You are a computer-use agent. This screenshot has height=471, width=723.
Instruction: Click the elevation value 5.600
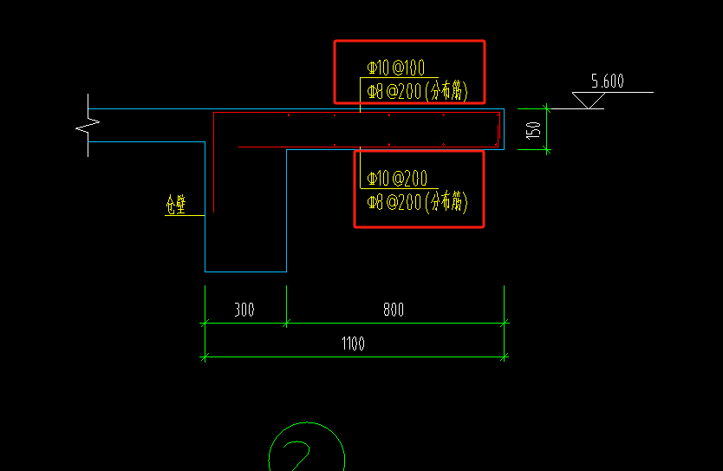pos(607,82)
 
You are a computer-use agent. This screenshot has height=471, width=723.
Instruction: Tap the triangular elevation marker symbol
pos(589,100)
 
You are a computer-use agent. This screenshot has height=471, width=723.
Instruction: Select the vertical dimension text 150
pos(533,130)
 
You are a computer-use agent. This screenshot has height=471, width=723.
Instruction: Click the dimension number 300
pos(244,310)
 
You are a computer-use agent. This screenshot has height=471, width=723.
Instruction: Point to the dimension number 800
pos(394,310)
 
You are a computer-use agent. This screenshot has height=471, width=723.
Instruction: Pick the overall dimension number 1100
pos(353,343)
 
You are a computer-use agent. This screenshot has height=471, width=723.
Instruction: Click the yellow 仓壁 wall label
pos(176,205)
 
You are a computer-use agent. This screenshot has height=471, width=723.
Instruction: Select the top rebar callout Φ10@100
pos(395,68)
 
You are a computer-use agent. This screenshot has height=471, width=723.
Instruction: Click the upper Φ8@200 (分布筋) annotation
pos(417,91)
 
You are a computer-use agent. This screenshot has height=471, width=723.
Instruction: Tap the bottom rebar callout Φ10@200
pos(397,179)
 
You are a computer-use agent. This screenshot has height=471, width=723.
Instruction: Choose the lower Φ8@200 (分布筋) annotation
pos(417,202)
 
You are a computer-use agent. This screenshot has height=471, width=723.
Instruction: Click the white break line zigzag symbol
pos(88,126)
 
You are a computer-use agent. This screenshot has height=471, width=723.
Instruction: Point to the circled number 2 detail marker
pos(307,447)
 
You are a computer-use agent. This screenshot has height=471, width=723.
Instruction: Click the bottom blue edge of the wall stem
pos(245,271)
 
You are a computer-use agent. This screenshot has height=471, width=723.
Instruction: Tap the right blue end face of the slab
pos(504,129)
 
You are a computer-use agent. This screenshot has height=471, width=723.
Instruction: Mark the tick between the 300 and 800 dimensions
pos(286,323)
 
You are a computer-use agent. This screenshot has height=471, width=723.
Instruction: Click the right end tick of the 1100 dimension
pos(504,357)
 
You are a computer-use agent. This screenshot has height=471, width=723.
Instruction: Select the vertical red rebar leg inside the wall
pos(213,162)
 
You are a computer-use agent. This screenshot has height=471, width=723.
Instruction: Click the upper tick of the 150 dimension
pos(546,109)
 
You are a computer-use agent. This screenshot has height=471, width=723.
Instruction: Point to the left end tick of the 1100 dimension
pos(205,357)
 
